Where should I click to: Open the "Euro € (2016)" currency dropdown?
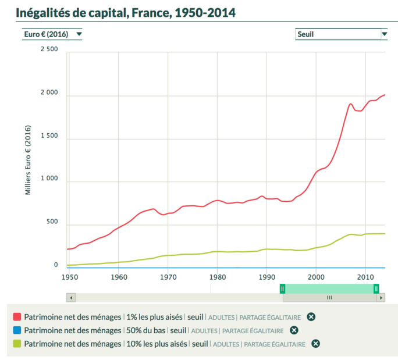(51, 34)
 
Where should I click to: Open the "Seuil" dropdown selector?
(341, 34)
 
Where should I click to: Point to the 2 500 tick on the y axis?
(48, 49)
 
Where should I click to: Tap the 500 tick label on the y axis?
(52, 222)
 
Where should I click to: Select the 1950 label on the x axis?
(69, 276)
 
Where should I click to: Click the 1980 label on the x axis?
(217, 276)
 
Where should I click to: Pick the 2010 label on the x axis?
(365, 276)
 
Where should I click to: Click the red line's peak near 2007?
(351, 104)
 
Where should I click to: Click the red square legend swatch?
(17, 317)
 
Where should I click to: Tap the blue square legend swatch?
(17, 330)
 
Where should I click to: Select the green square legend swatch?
(17, 344)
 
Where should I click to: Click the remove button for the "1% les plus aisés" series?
(311, 317)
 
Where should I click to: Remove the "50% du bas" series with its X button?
(294, 330)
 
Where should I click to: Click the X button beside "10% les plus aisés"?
(315, 344)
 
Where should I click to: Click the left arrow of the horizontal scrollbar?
(71, 298)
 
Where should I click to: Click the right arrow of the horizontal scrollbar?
(381, 298)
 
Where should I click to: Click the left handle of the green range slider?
(283, 288)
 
